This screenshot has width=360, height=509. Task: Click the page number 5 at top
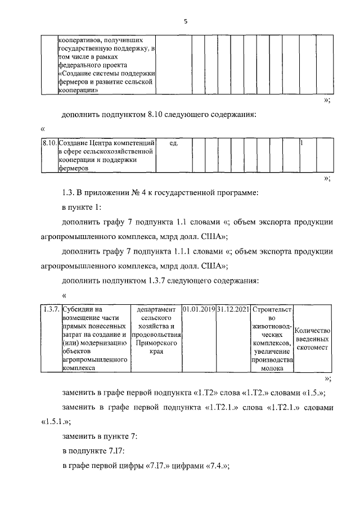tap(184, 21)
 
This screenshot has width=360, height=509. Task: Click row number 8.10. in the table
tap(49, 143)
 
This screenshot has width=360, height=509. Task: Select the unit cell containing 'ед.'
tap(173, 143)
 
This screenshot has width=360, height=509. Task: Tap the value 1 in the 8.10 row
tap(302, 143)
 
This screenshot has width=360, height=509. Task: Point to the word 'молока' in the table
tap(272, 369)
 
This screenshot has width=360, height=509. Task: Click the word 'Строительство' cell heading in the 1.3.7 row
tap(272, 309)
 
